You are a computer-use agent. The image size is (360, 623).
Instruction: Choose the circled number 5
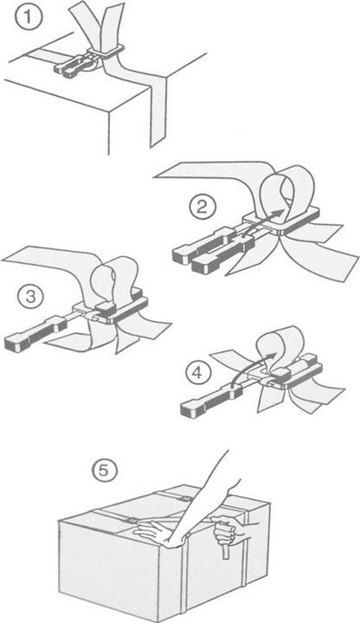(101, 471)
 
